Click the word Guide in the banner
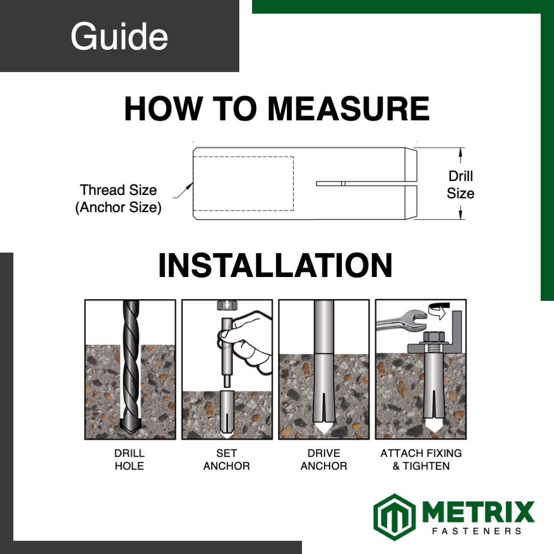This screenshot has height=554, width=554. coord(119,36)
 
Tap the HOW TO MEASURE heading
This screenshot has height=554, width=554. coord(277,109)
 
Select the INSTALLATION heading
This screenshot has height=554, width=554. coord(275,265)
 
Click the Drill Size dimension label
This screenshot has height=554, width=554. coord(460,184)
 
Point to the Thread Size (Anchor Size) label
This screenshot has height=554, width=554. coord(119,198)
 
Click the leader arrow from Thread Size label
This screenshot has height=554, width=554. coord(183,191)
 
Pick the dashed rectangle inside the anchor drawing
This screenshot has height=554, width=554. coord(243,183)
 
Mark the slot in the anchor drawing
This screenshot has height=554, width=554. coord(366,183)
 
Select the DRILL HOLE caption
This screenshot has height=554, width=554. coord(129,459)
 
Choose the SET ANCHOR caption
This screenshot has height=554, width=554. coord(227,459)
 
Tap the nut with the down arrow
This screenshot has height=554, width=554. coord(227,305)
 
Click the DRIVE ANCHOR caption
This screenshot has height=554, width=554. coord(324,459)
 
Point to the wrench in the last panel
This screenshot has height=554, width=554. coord(401,320)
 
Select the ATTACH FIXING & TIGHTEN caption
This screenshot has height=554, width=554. coord(421,459)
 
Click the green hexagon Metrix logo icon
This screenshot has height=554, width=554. coord(394,516)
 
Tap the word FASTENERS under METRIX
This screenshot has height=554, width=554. coord(477,531)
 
